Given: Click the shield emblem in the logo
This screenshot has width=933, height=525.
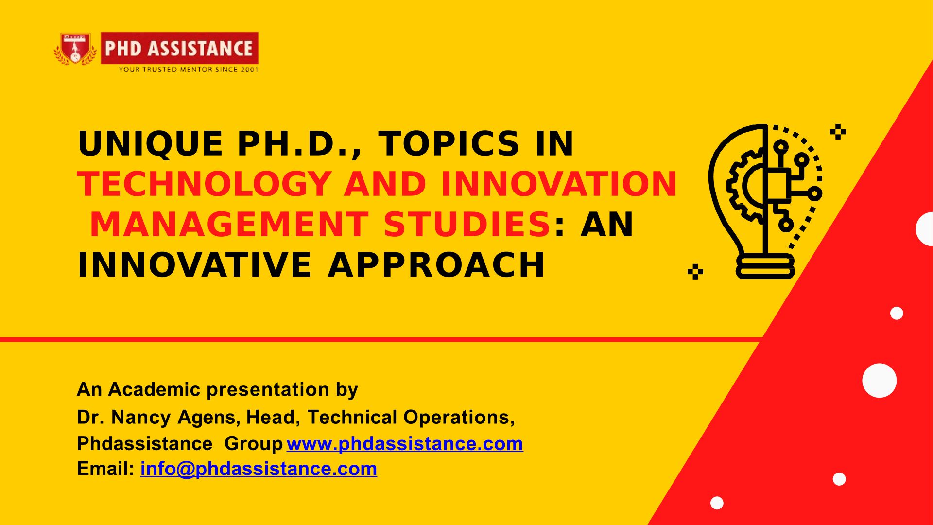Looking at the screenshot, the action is coord(75,49).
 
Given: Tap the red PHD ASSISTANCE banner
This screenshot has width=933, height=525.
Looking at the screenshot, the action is coord(179,48).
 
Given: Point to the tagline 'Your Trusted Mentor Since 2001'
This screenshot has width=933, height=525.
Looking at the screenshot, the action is coord(189,70).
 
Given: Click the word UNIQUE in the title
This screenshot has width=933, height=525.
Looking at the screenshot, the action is coord(150,144).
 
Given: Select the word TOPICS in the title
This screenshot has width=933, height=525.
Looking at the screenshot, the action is coord(449,144).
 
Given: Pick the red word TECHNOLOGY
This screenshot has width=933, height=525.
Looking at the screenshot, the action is coord(204,184).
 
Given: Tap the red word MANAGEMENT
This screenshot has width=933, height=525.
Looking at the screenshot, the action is coord(229,225).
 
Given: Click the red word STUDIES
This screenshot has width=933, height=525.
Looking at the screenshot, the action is coord(466,225).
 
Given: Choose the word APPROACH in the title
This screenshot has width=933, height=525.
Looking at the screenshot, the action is coord(436,265).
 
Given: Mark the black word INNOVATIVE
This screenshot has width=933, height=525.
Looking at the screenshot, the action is coord(194,265).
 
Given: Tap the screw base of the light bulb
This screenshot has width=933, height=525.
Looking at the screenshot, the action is coord(765,267).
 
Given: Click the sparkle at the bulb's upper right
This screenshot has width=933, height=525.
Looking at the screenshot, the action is coord(838,132).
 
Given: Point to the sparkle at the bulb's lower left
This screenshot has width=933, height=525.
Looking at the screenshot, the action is coord(695,272).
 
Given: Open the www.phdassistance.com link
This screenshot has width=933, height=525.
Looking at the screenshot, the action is coord(405,443).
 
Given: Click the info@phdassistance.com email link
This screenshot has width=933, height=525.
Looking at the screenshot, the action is coord(259,469).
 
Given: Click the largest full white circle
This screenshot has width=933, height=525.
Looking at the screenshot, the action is coord(880,381).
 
